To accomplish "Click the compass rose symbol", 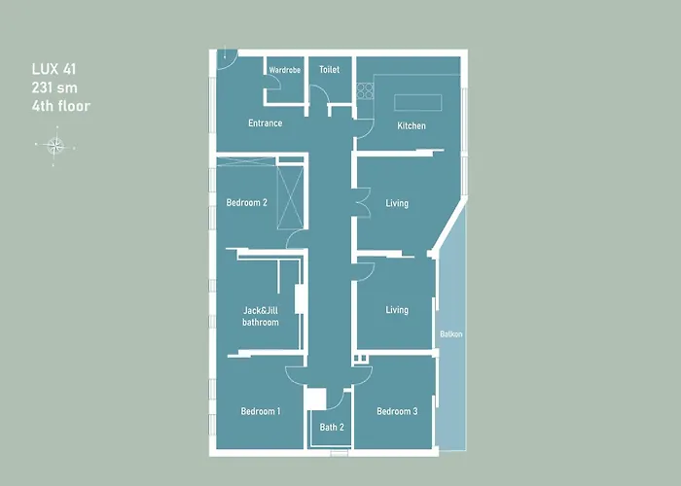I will tap(55, 147).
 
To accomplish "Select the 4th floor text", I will tap(59, 105).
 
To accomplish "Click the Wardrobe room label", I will tap(285, 70).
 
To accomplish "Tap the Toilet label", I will tap(329, 70).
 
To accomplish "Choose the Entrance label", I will tap(265, 123).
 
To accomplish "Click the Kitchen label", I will tap(412, 126).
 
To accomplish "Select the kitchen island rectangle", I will tap(417, 102).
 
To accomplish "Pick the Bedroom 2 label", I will tap(246, 203).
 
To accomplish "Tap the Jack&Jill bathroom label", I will tap(261, 317).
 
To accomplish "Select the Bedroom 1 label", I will tap(261, 412).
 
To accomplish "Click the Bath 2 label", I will tap(332, 427).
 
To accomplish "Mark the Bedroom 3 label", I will tap(397, 412).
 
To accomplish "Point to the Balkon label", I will tap(450, 334).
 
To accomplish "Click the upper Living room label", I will tap(397, 204).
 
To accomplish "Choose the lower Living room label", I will tap(397, 311).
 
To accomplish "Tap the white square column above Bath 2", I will tap(315, 397).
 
